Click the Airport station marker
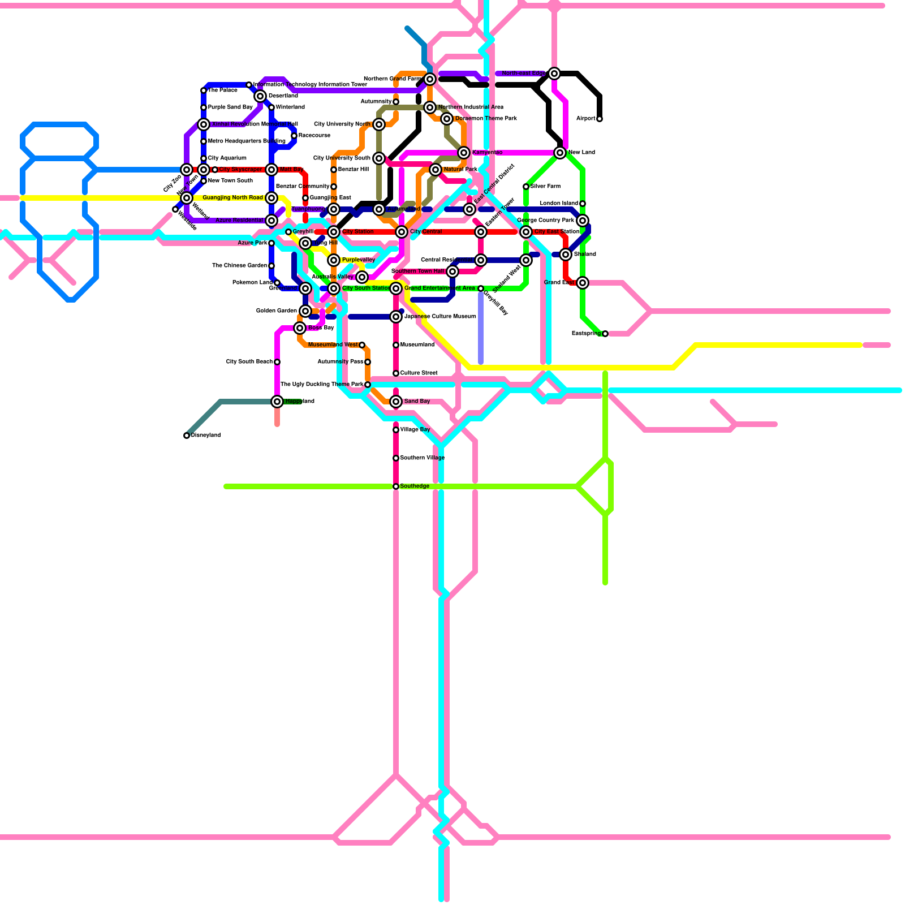(x=600, y=119)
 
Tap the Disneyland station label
(x=206, y=436)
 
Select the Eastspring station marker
(x=605, y=334)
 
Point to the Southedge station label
(x=415, y=486)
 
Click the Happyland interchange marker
(x=277, y=402)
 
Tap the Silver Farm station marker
(x=526, y=187)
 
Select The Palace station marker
(x=204, y=90)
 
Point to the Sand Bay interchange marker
(x=396, y=402)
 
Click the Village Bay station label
(x=415, y=430)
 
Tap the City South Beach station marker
(x=277, y=362)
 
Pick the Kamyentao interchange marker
(x=464, y=153)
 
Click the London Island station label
(x=559, y=204)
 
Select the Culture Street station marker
(x=396, y=373)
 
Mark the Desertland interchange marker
(x=260, y=96)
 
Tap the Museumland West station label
(x=333, y=345)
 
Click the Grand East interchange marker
(x=583, y=283)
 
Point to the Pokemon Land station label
(x=252, y=283)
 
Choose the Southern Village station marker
(x=396, y=458)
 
